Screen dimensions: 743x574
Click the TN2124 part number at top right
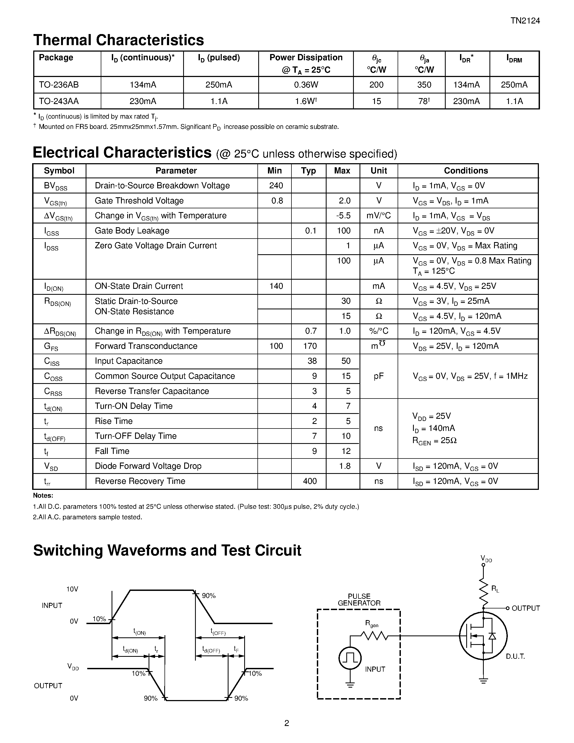525,21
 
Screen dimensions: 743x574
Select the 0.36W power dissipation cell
306,85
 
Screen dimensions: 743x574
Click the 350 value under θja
424,85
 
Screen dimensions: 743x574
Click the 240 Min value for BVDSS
276,185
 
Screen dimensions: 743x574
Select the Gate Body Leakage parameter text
132,231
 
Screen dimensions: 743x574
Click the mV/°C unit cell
378,216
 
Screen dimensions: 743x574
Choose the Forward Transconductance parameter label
146,346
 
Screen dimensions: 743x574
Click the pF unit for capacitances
378,376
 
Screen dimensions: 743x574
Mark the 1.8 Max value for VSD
344,466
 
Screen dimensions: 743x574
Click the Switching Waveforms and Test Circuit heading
167,550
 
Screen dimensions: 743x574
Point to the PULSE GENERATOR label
359,600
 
